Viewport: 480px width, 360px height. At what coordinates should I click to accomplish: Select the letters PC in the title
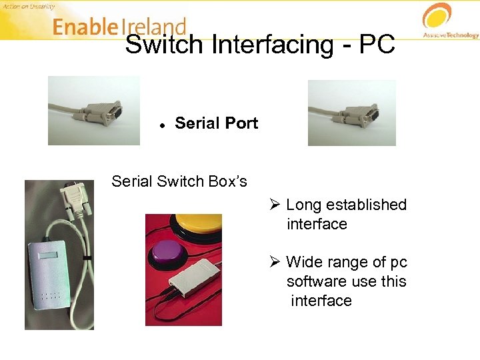click(x=377, y=45)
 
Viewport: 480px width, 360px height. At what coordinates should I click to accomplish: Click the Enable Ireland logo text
click(x=119, y=27)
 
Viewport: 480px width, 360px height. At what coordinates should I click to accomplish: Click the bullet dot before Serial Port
click(x=162, y=125)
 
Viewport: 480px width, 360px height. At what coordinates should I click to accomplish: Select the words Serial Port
click(x=216, y=123)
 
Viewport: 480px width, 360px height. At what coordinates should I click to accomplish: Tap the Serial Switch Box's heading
click(x=179, y=181)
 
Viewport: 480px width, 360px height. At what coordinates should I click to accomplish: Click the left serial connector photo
click(x=94, y=110)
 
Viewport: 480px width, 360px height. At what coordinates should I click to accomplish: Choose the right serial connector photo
click(x=351, y=113)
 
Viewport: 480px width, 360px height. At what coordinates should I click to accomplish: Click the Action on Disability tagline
click(x=27, y=6)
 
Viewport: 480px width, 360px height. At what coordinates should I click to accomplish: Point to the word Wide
click(x=303, y=262)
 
